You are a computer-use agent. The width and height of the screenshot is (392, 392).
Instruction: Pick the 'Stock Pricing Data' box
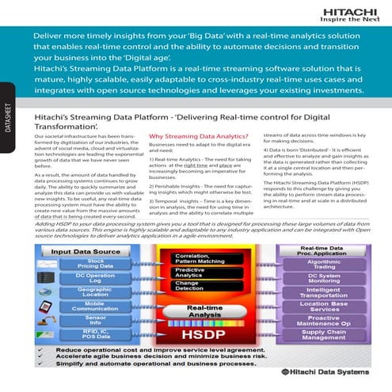pos(95,264)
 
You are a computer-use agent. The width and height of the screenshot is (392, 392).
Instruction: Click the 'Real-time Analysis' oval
pos(204,313)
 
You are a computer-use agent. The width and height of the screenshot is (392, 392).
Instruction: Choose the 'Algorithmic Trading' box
pos(325,265)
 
